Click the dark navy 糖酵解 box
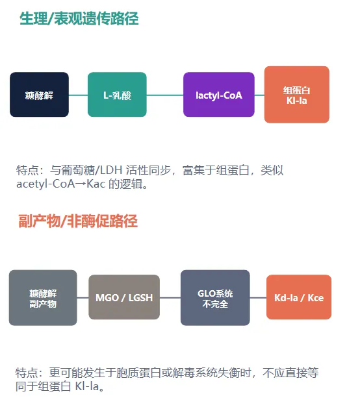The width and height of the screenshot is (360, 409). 39,94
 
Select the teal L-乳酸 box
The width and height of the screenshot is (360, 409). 117,94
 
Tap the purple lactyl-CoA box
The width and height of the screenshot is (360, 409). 219,94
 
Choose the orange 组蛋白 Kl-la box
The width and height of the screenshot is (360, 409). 296,94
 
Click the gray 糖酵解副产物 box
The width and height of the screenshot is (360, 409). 43,297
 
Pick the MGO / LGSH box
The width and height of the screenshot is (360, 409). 124,297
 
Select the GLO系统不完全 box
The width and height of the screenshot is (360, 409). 215,297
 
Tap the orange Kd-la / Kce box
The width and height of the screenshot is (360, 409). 299,297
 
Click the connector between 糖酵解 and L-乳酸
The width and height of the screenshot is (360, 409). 79,95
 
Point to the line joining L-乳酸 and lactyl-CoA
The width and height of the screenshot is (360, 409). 164,95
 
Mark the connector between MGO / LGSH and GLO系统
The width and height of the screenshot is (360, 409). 170,297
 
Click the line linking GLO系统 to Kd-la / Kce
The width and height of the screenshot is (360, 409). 258,297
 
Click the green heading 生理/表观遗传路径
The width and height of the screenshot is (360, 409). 79,19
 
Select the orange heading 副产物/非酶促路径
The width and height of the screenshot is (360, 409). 78,221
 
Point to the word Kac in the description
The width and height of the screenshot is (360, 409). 96,184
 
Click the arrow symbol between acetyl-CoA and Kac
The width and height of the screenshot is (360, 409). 81,184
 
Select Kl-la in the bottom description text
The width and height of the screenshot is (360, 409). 86,386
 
